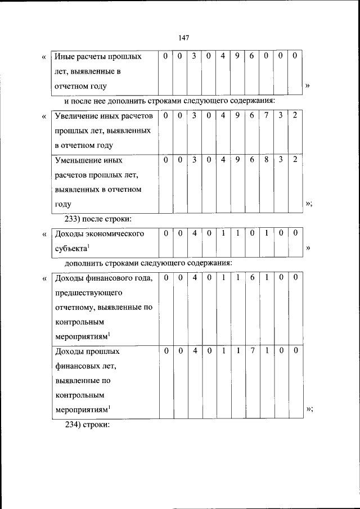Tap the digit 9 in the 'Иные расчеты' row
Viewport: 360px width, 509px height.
237,57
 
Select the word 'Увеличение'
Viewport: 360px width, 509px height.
76,116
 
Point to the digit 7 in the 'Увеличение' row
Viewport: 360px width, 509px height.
267,116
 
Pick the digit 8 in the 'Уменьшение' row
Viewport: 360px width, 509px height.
267,160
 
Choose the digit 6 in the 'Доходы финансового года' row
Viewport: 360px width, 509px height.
253,278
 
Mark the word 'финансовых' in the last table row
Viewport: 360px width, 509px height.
80,366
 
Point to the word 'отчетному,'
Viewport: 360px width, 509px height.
77,307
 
